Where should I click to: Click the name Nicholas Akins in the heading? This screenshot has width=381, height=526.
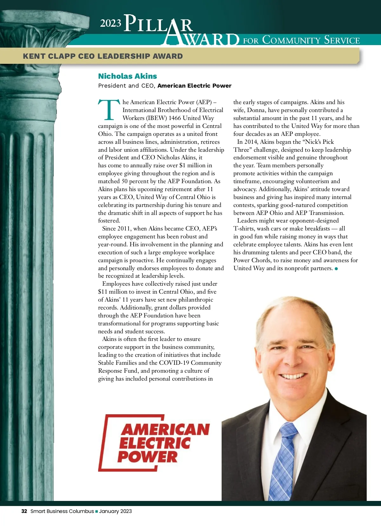pos(127,76)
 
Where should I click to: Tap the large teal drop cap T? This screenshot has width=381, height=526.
pos(109,110)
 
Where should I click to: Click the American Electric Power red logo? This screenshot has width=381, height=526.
pos(154,443)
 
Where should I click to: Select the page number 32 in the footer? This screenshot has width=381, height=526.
pos(24,511)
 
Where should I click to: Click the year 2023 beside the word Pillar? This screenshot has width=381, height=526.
pos(110,23)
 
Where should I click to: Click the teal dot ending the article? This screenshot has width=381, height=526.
pos(336,269)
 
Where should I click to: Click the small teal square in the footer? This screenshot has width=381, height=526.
pos(97,511)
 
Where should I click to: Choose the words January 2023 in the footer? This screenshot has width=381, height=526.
pos(115,511)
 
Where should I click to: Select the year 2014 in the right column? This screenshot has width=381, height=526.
pos(251,142)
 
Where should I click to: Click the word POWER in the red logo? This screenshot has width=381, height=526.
pos(147,456)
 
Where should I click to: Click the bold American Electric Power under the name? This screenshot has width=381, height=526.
pos(194,86)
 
